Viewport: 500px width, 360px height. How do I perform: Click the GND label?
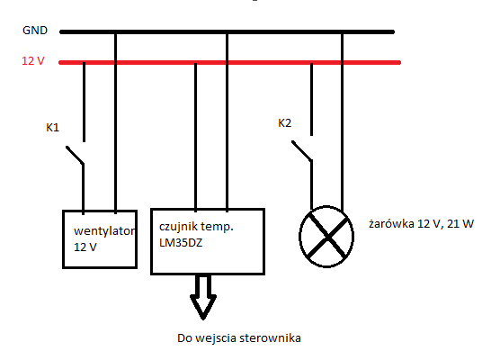(x=35, y=31)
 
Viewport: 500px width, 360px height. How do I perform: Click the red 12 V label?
(x=33, y=60)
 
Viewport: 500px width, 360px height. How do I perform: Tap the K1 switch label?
(x=53, y=128)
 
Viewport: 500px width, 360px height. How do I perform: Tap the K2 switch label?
(x=285, y=123)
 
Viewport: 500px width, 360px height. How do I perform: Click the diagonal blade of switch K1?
(x=75, y=155)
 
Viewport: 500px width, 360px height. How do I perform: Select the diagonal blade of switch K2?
(x=301, y=150)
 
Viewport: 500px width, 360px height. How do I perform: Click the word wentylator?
(x=104, y=230)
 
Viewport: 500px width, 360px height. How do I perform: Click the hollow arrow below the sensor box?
(x=203, y=296)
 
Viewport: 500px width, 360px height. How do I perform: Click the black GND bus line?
(x=227, y=31)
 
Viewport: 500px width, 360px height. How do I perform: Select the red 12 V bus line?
(x=229, y=63)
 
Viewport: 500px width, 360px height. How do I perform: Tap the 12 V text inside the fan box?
(x=85, y=247)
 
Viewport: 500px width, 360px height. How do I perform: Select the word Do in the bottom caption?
(x=184, y=338)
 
